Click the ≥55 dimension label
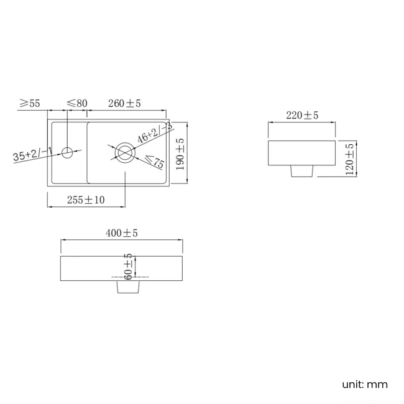point(29,103)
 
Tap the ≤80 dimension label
point(76,103)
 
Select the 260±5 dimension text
point(124,103)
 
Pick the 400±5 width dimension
point(121,233)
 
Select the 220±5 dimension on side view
point(302,115)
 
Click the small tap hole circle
point(67,151)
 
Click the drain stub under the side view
point(301,171)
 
